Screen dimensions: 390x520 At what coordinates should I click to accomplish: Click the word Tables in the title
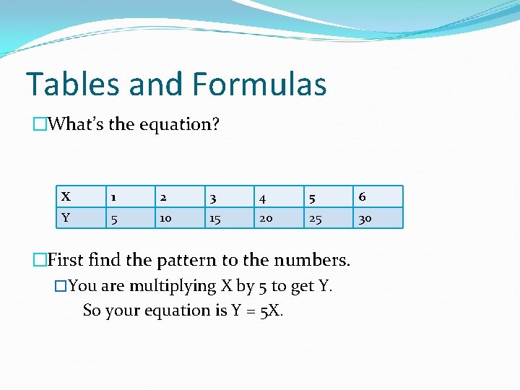[x=73, y=84]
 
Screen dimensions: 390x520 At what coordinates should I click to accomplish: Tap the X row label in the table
[x=66, y=196]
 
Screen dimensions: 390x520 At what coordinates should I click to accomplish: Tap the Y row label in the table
[x=66, y=217]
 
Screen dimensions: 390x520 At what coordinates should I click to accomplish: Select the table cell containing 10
[x=165, y=218]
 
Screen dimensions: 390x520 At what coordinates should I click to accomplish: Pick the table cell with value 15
[x=215, y=218]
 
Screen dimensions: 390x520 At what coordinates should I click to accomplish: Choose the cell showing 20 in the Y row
[x=266, y=218]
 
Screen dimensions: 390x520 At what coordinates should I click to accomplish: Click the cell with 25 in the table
[x=315, y=218]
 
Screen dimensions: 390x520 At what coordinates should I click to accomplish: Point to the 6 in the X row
[x=362, y=196]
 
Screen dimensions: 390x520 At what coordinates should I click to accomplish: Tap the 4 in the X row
[x=262, y=197]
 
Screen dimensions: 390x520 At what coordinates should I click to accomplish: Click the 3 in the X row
[x=212, y=197]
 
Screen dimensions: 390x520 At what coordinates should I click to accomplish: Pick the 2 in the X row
[x=163, y=197]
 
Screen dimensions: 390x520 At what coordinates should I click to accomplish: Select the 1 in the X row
[x=113, y=197]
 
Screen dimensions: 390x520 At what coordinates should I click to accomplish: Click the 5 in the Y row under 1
[x=113, y=218]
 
